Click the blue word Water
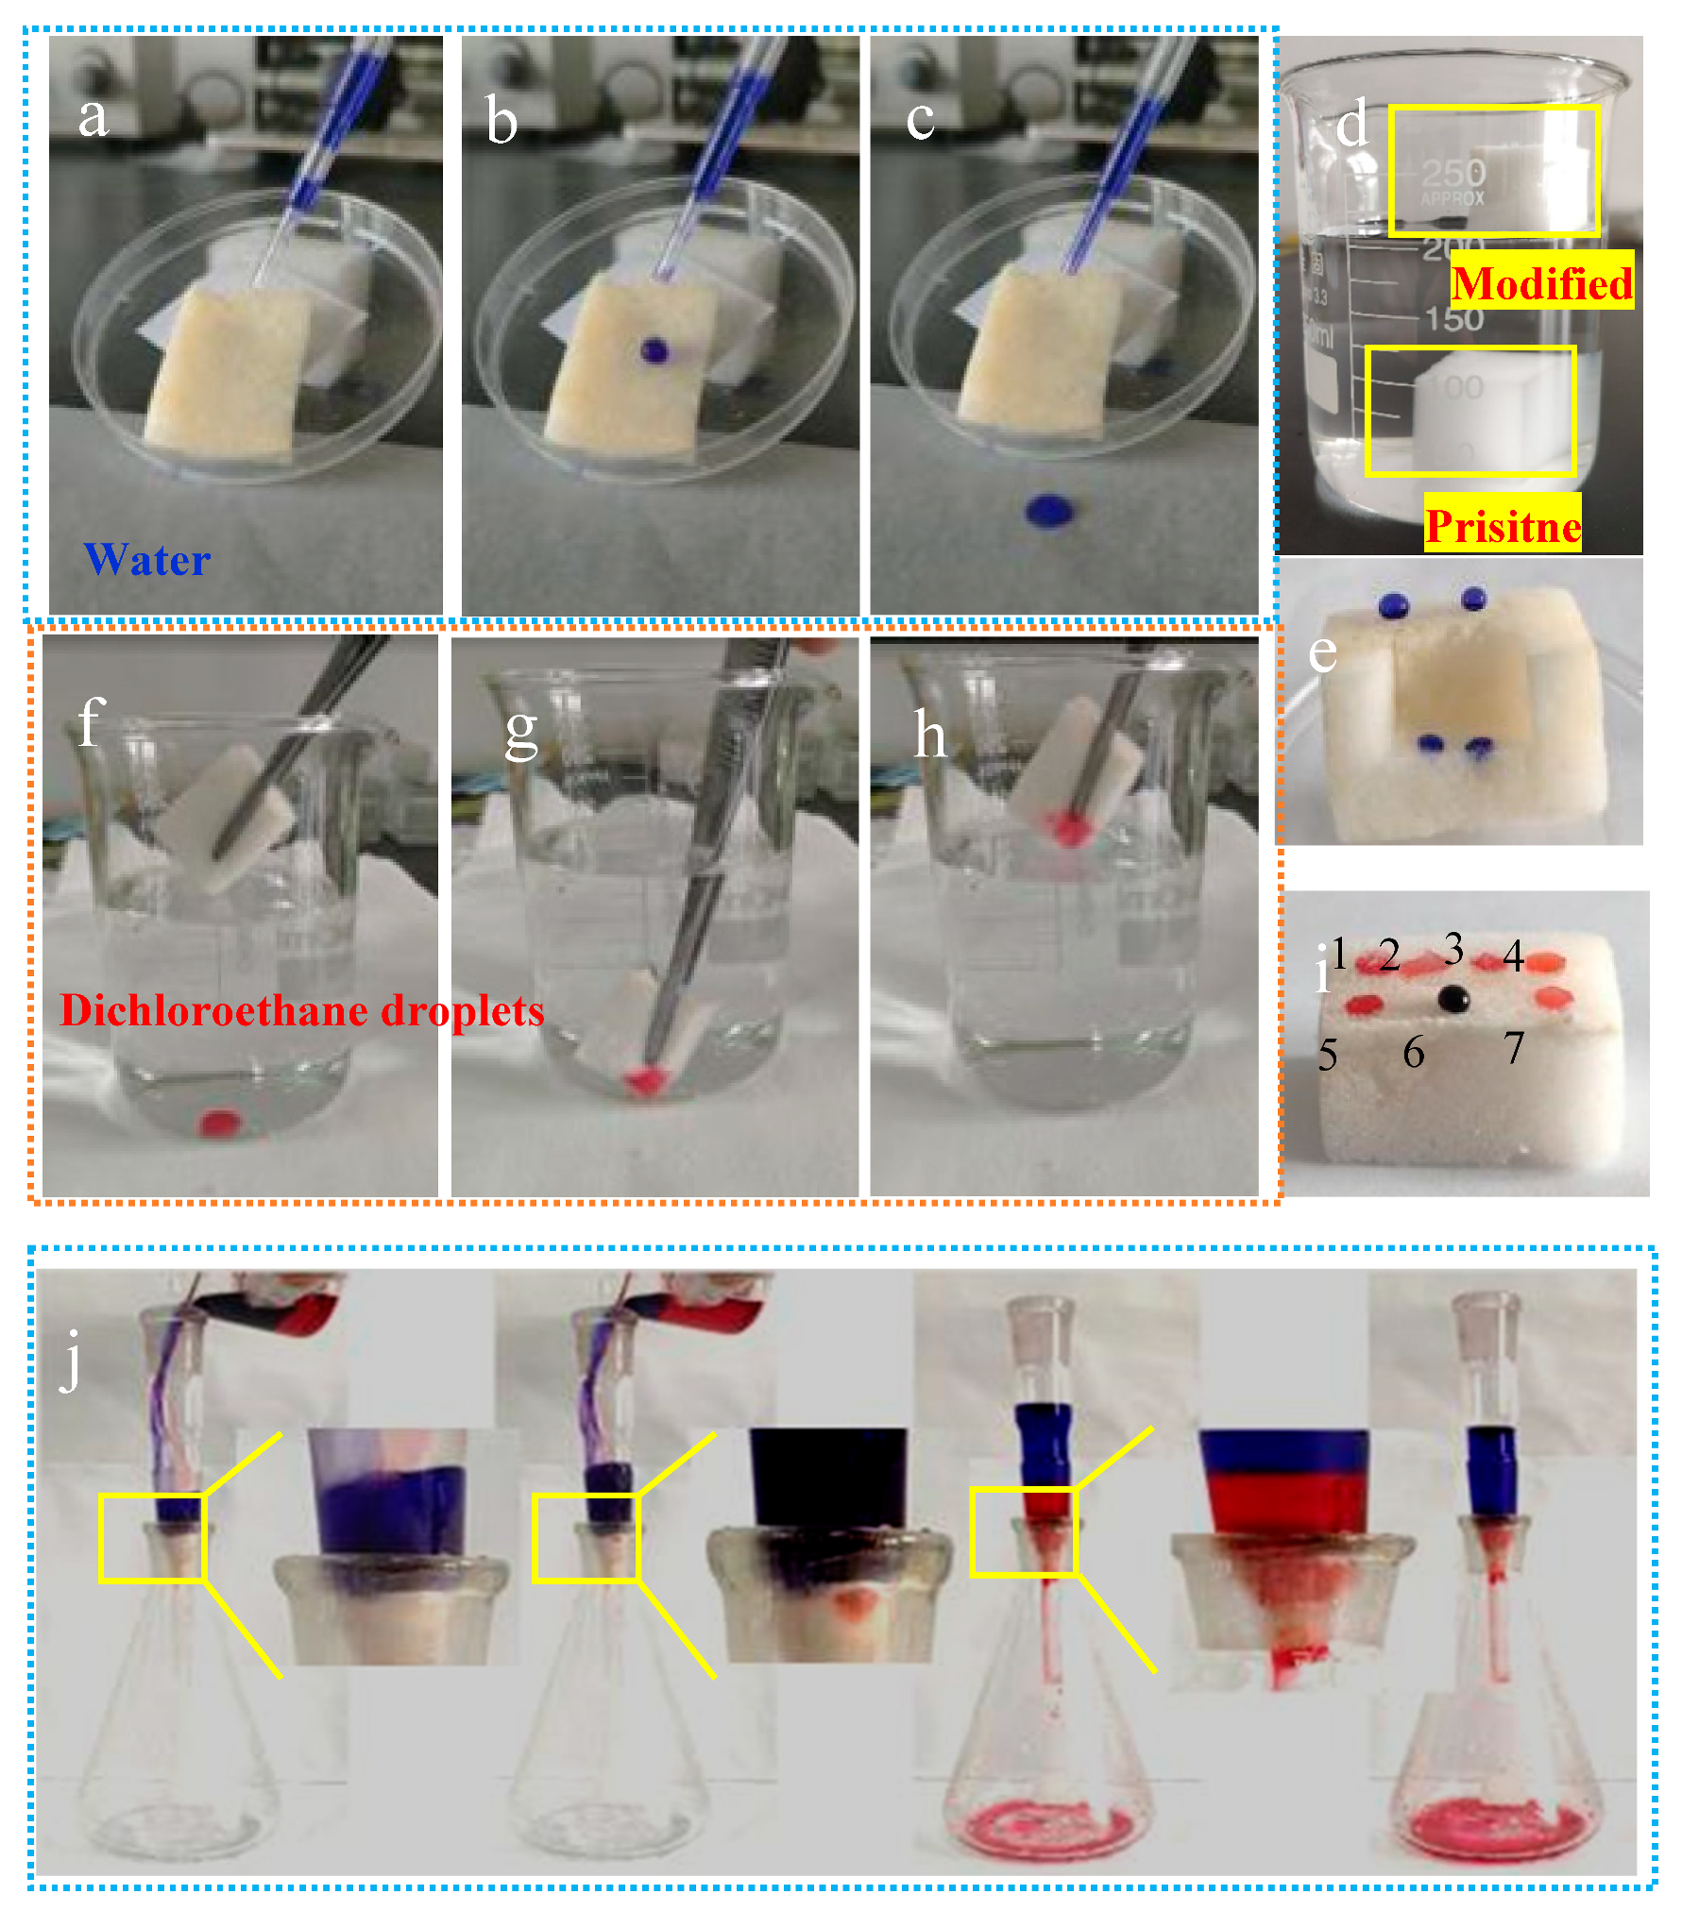[147, 560]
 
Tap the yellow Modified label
[1541, 283]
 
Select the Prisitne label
[1503, 526]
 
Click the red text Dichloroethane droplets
[302, 1010]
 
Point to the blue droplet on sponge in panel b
[654, 351]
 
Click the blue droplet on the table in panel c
[1049, 510]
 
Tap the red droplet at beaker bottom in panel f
[219, 1124]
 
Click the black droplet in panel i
[1453, 998]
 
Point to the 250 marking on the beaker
[1453, 173]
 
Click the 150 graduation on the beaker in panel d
[1454, 319]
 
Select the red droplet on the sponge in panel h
[1069, 829]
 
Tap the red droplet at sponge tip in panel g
[643, 1080]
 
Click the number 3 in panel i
[1454, 948]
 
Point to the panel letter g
[521, 732]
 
